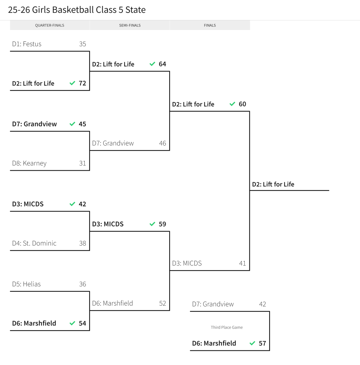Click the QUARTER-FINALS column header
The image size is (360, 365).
point(49,26)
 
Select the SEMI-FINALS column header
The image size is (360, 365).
point(130,26)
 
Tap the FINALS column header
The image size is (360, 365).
point(210,26)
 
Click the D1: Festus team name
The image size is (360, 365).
point(27,44)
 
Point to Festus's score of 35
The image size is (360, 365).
point(82,44)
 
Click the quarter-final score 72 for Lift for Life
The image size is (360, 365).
point(82,83)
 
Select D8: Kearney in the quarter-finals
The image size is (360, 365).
point(29,163)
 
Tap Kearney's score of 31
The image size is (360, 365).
point(82,163)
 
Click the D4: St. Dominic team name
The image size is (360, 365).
point(34,243)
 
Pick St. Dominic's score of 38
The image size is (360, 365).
point(82,243)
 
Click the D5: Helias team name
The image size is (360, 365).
point(26,284)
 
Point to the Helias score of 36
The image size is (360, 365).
point(82,284)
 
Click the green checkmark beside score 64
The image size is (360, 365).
point(152,64)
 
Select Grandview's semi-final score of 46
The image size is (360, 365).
point(162,143)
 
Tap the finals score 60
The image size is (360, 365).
point(242,104)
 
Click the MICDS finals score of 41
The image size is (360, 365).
point(242,264)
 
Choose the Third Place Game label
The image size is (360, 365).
point(226,327)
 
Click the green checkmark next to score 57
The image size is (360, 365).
point(252,343)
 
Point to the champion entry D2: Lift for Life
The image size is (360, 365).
point(273,185)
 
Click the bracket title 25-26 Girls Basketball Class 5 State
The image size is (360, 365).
point(77,10)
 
